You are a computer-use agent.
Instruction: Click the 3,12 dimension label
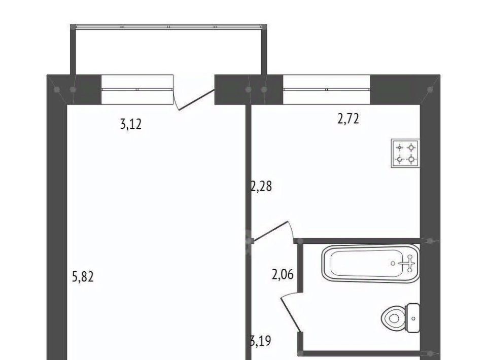130,124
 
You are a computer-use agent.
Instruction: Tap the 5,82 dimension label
83,276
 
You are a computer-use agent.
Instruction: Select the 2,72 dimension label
348,119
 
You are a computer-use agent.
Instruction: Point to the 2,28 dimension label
261,187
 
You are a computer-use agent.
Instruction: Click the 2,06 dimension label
283,275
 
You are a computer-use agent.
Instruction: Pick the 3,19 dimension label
261,341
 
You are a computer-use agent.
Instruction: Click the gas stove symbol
405,153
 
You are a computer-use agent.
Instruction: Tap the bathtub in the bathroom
371,264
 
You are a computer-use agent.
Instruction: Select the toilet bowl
393,318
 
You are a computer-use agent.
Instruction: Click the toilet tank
413,318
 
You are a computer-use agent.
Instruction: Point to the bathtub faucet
408,263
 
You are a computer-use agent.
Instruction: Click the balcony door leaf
196,100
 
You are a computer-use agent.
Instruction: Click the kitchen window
326,89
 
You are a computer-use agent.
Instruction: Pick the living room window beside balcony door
137,89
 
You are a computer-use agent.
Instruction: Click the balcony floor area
168,52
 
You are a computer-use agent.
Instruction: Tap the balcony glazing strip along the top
168,27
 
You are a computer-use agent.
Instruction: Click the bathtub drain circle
393,264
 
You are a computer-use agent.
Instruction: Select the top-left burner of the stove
400,147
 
